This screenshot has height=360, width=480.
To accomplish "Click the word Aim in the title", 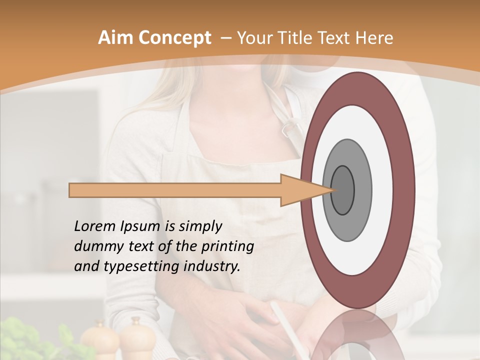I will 114,38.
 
